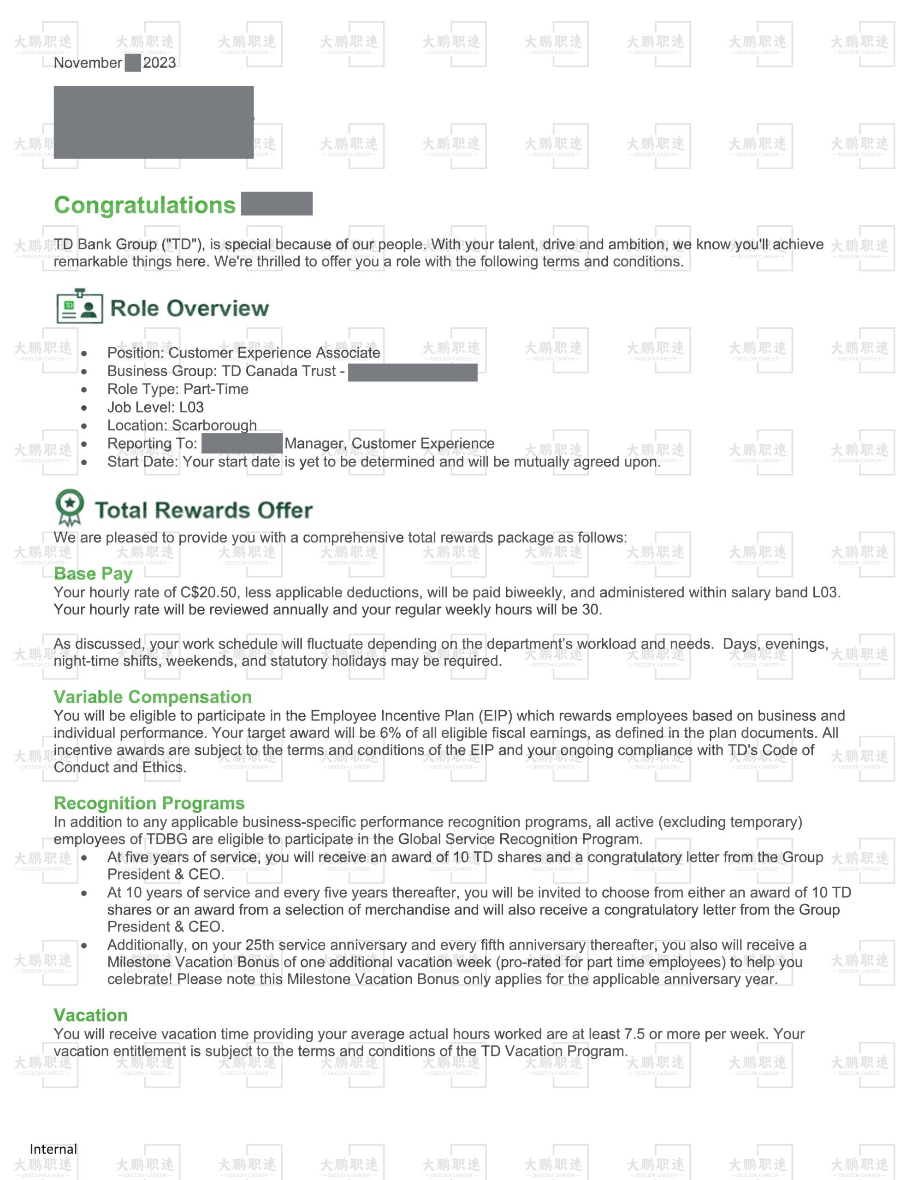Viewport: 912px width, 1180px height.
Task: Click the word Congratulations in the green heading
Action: (144, 205)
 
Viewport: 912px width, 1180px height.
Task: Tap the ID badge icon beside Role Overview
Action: (79, 307)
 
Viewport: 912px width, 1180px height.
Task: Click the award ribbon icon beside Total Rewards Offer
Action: (70, 507)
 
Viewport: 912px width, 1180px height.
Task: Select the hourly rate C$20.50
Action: (208, 593)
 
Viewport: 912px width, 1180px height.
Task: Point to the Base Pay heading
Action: (93, 573)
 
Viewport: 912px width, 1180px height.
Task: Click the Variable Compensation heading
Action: (153, 697)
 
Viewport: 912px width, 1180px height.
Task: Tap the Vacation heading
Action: (90, 1015)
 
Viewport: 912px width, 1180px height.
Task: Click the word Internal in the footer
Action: (53, 1149)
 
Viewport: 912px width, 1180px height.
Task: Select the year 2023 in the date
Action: (159, 63)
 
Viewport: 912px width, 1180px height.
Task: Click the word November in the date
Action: (88, 63)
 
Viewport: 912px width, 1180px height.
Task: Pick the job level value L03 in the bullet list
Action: (191, 407)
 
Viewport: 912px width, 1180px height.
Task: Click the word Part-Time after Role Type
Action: (216, 389)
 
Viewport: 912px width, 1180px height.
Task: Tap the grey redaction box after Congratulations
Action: (276, 204)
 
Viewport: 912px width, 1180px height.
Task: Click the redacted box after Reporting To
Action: (242, 443)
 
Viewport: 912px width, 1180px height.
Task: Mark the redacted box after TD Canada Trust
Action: (413, 372)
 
